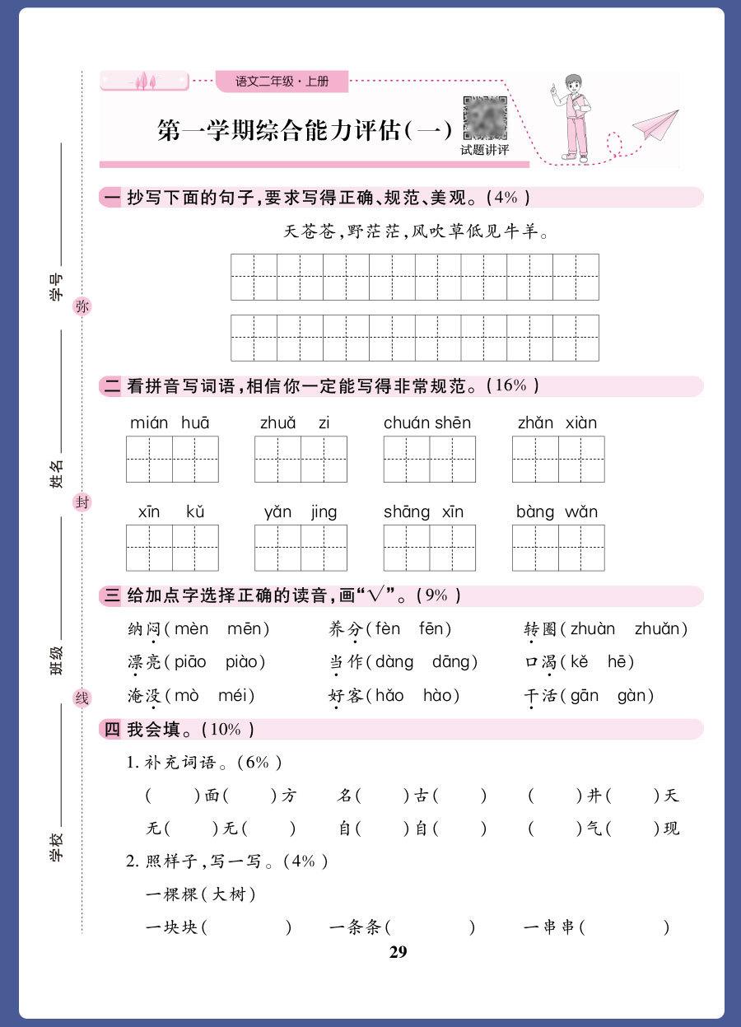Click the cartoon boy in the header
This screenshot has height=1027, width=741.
coord(576,116)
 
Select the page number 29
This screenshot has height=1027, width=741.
coord(398,952)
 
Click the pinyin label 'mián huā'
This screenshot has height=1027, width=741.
coord(170,422)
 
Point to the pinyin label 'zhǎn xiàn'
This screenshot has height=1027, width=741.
coord(557,422)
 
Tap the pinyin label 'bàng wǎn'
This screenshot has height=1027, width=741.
coord(557,511)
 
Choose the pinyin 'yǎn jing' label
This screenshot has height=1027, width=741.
coord(301,511)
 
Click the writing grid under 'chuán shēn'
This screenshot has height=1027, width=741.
coord(429,459)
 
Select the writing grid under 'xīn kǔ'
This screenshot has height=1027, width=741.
coord(172,548)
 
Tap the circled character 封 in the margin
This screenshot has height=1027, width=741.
coord(82,502)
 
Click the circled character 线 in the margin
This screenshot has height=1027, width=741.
coord(82,698)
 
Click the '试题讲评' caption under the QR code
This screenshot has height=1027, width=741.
coord(484,150)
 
